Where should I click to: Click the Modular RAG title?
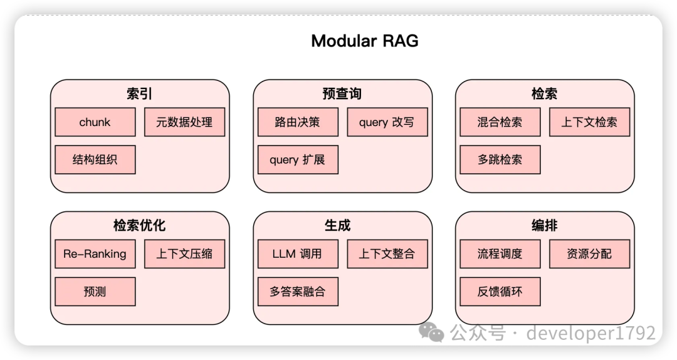click(365, 41)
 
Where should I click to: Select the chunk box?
click(95, 122)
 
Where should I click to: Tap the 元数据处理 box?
click(184, 122)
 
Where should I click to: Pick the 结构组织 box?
click(95, 159)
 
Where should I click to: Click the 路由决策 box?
click(298, 122)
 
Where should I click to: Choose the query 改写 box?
click(387, 122)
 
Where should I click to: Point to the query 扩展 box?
click(298, 159)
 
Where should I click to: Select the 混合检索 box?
click(500, 122)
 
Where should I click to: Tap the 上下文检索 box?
click(589, 122)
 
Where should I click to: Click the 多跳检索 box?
click(500, 159)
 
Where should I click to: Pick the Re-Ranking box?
click(95, 253)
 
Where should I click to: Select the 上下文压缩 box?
click(184, 253)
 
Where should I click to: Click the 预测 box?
click(95, 291)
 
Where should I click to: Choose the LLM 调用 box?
click(298, 253)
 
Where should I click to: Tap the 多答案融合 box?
click(298, 291)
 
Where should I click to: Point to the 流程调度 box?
click(500, 253)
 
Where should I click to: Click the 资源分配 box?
click(589, 253)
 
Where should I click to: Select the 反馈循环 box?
click(500, 291)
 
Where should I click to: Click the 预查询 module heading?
click(342, 93)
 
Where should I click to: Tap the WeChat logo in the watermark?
click(431, 332)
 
